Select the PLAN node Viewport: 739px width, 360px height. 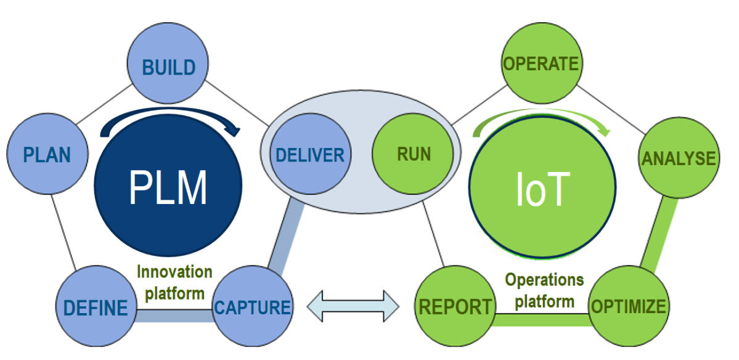47,154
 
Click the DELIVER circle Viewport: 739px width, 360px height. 310,154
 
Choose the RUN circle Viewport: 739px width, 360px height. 414,154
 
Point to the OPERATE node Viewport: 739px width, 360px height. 541,64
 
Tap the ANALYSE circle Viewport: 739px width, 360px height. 679,158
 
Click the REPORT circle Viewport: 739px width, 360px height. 455,306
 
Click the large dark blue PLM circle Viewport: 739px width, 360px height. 168,188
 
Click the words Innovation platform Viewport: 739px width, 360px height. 174,282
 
